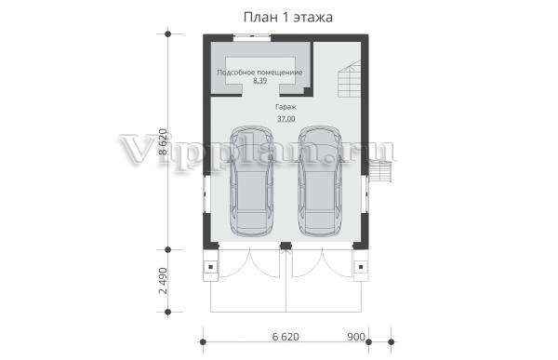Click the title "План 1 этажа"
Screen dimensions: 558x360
point(288,18)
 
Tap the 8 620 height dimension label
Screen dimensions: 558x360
point(162,141)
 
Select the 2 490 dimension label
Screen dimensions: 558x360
point(162,281)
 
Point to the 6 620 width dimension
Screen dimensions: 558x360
point(286,337)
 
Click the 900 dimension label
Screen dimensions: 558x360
point(356,337)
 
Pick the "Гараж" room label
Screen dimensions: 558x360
point(286,106)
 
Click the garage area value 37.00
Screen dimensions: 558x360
point(286,118)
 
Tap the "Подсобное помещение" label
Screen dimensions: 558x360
point(259,73)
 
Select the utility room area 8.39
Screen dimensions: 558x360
point(259,81)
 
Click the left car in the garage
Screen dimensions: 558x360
point(252,180)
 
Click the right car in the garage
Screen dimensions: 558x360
point(320,180)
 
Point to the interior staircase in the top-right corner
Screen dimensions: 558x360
point(350,79)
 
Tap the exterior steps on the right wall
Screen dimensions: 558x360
point(380,171)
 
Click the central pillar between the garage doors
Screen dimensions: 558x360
point(286,246)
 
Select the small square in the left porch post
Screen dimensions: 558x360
point(211,267)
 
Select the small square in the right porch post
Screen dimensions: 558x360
point(361,267)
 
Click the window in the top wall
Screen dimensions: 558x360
point(252,36)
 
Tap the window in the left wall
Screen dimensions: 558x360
point(205,194)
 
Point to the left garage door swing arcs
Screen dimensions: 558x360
point(249,262)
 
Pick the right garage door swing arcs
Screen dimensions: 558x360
point(323,262)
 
